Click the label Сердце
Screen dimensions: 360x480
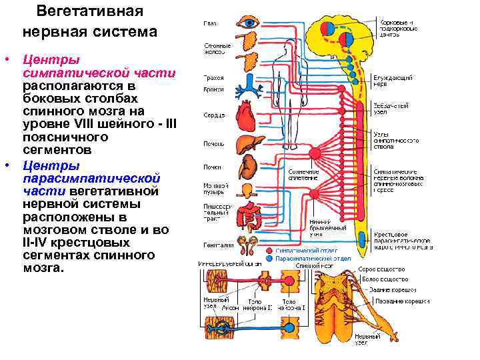pyautogui.click(x=214, y=115)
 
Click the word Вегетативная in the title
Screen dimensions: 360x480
pyautogui.click(x=89, y=11)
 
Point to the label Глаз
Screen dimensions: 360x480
pyautogui.click(x=209, y=23)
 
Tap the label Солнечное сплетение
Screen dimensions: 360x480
pyautogui.click(x=303, y=175)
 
